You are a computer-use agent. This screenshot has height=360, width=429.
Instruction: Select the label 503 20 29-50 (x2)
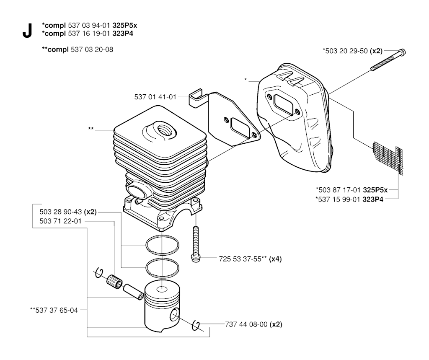[x=351, y=51]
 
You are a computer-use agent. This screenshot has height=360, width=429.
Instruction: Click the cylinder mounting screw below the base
[x=195, y=243]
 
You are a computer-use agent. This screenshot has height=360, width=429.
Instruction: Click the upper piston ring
[x=163, y=244]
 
